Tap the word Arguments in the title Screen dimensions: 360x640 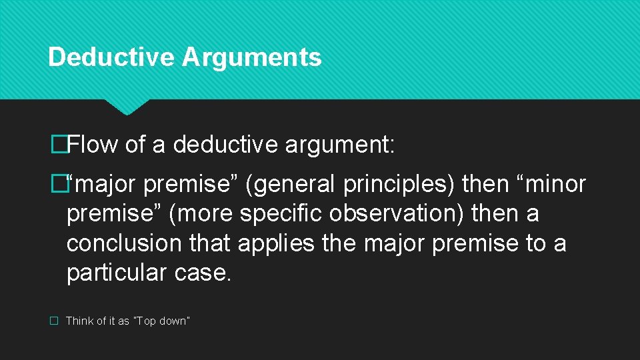click(251, 57)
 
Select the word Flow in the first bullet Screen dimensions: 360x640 click(93, 143)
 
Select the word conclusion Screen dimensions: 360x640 click(124, 243)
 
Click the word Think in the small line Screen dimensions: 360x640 click(80, 321)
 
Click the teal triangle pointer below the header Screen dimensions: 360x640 click(127, 107)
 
